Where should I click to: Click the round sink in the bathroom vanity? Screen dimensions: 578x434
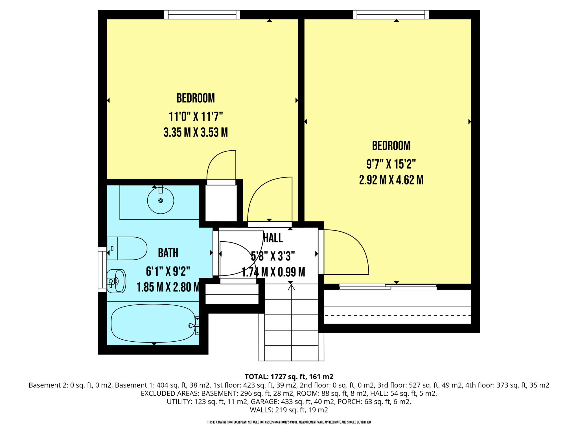point(161,200)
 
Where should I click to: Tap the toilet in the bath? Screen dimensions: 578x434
point(127,248)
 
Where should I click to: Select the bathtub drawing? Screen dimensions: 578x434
point(153,323)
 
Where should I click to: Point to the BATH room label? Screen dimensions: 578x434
point(168,253)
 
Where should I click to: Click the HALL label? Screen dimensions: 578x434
point(273,238)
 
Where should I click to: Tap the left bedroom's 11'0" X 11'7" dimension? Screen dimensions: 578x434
point(196,116)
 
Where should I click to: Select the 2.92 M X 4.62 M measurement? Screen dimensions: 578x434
point(391,180)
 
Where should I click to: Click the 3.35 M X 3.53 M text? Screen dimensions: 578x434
point(196,132)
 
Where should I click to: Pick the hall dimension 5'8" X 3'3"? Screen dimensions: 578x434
point(273,256)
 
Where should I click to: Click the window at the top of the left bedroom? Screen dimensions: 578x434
point(202,14)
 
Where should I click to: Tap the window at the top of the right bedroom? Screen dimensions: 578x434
point(391,14)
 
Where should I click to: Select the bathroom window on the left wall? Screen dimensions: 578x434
point(102,270)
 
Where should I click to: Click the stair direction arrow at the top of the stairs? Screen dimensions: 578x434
point(291,287)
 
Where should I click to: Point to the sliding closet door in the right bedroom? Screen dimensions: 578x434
point(388,287)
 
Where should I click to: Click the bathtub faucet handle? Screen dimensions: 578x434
point(191,326)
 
